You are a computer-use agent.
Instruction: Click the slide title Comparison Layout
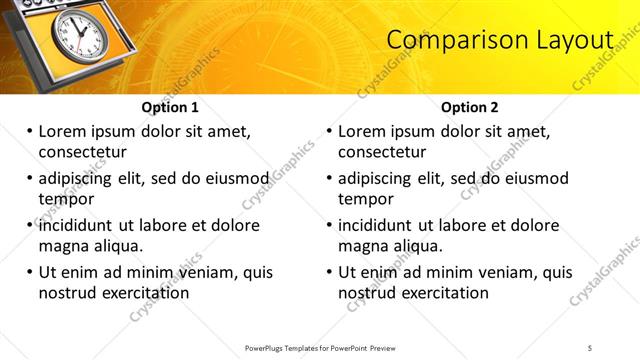click(x=499, y=40)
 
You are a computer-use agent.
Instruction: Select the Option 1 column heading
click(x=170, y=107)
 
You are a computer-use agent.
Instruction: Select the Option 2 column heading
click(x=470, y=107)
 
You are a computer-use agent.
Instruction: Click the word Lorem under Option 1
click(x=63, y=131)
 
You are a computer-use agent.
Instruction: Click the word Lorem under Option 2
click(x=363, y=131)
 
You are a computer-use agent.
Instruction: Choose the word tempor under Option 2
click(x=366, y=200)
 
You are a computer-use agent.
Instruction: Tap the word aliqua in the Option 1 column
click(x=119, y=247)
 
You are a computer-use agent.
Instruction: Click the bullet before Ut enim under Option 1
click(x=28, y=272)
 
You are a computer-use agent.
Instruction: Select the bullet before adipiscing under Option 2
click(x=328, y=179)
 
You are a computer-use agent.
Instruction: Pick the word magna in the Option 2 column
click(x=362, y=247)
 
